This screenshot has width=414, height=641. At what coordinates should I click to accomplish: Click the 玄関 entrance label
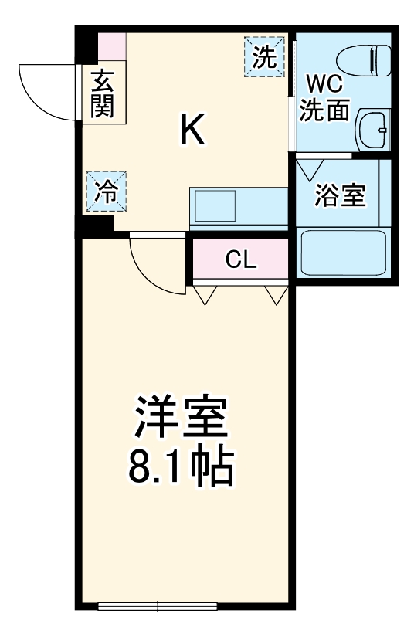pyautogui.click(x=102, y=93)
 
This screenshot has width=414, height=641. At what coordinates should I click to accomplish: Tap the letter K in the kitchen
pyautogui.click(x=192, y=129)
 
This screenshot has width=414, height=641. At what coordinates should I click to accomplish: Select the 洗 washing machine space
pyautogui.click(x=264, y=57)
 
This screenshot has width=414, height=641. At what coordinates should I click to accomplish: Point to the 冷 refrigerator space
pyautogui.click(x=106, y=192)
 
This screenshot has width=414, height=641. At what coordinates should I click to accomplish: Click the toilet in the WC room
pyautogui.click(x=363, y=61)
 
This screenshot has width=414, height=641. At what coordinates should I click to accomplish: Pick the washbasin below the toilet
pyautogui.click(x=372, y=130)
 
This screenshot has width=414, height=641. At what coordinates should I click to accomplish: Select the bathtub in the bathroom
pyautogui.click(x=343, y=253)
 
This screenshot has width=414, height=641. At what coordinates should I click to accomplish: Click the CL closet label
pyautogui.click(x=241, y=259)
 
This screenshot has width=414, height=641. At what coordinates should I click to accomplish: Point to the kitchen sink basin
pyautogui.click(x=215, y=205)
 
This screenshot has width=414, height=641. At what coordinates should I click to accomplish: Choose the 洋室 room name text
pyautogui.click(x=181, y=416)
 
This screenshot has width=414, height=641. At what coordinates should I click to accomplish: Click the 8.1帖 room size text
pyautogui.click(x=181, y=467)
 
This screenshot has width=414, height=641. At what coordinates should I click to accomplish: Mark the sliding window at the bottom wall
pyautogui.click(x=158, y=605)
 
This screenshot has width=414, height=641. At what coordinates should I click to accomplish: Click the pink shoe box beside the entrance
pyautogui.click(x=111, y=46)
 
